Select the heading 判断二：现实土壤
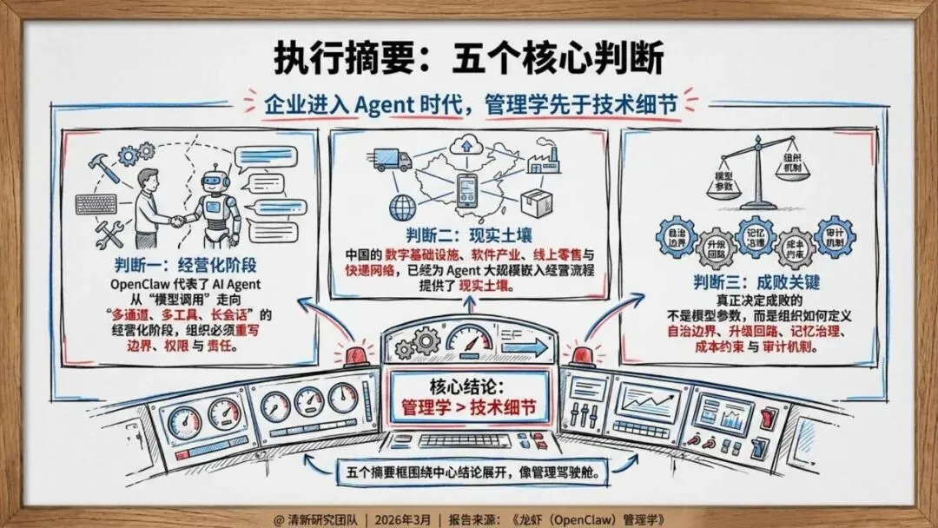click(x=468, y=235)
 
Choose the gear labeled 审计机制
click(x=836, y=236)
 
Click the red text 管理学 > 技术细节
click(x=469, y=406)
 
